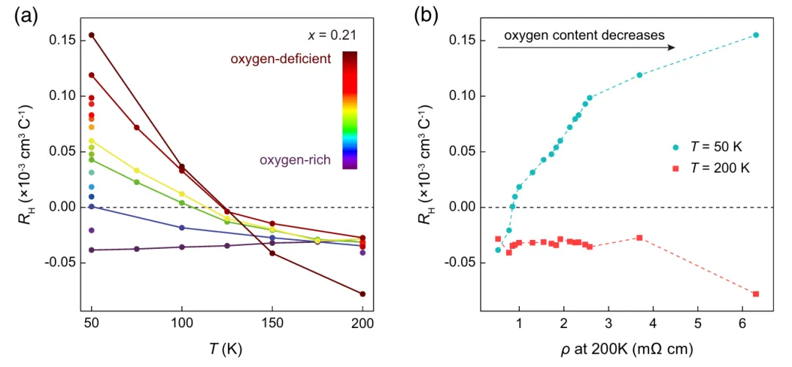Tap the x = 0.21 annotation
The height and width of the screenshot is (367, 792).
333,34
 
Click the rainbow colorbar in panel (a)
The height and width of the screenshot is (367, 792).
350,110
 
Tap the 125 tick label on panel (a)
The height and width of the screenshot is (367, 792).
227,323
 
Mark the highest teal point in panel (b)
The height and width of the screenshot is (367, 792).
756,35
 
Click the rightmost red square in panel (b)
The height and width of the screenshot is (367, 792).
756,294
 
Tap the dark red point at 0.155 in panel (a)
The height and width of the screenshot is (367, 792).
92,34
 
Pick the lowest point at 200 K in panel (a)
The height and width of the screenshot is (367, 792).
362,294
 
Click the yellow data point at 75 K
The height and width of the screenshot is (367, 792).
136,170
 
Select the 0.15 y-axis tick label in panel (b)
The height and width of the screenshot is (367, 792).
456,40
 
